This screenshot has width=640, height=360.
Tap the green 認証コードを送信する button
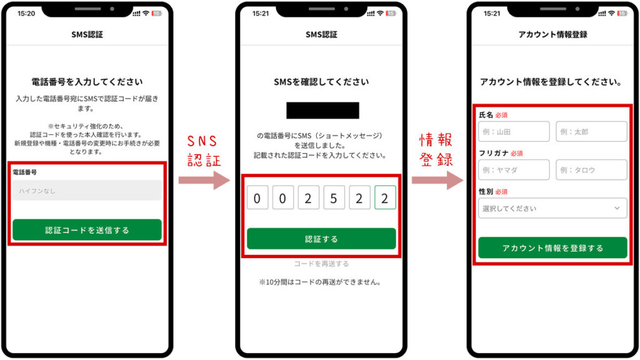click(x=87, y=230)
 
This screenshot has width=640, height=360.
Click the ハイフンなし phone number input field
click(x=87, y=191)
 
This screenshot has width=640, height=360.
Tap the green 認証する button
click(x=321, y=239)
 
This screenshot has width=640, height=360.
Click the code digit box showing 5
click(x=334, y=198)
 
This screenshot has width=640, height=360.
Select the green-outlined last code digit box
click(x=385, y=198)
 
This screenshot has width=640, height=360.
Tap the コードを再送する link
click(x=321, y=264)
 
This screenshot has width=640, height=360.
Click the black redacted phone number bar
click(x=322, y=111)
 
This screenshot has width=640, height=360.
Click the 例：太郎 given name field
click(x=591, y=132)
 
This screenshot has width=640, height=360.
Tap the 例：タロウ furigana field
click(x=591, y=170)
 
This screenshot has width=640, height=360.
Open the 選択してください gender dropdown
click(x=552, y=208)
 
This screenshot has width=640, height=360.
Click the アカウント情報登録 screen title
click(x=552, y=34)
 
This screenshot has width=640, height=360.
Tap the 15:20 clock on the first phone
click(x=26, y=13)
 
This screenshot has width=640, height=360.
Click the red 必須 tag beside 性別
click(x=501, y=192)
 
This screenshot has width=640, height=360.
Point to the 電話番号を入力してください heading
click(x=87, y=82)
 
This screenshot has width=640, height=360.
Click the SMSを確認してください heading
click(x=321, y=82)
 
